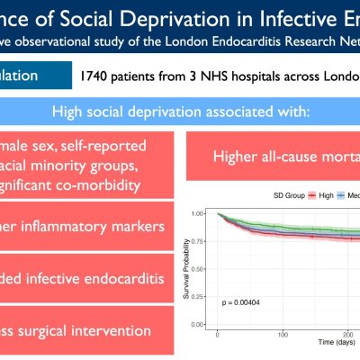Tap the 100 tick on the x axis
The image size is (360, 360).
[x=282, y=334]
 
